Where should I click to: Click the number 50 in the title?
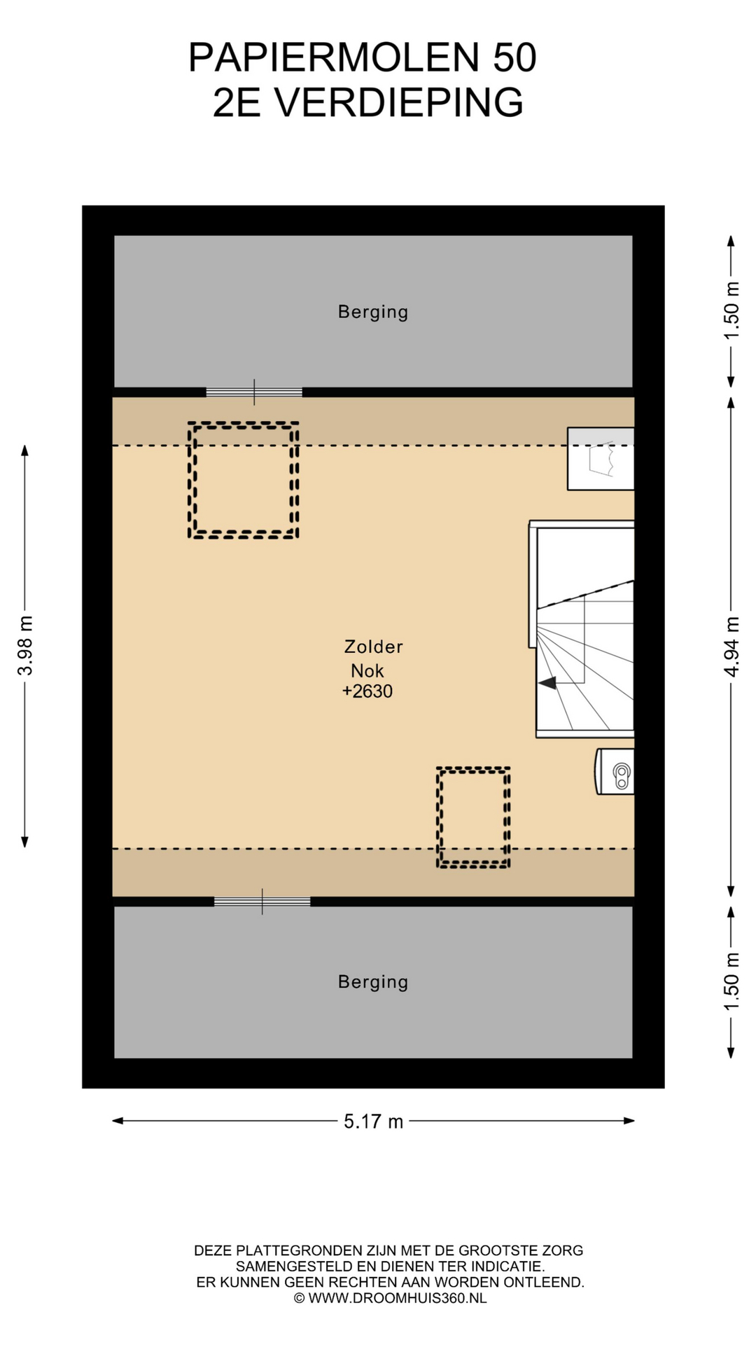pyautogui.click(x=514, y=57)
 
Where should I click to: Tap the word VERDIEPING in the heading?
pyautogui.click(x=398, y=103)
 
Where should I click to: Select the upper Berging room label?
pyautogui.click(x=373, y=312)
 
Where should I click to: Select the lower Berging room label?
pyautogui.click(x=373, y=982)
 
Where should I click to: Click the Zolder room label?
pyautogui.click(x=373, y=647)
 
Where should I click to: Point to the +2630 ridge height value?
pyautogui.click(x=367, y=691)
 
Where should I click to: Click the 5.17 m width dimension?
pyautogui.click(x=373, y=1122)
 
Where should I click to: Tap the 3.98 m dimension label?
pyautogui.click(x=25, y=646)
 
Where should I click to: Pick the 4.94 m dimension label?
pyautogui.click(x=731, y=647)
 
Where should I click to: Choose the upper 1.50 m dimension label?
pyautogui.click(x=731, y=310)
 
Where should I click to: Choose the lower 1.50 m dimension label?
pyautogui.click(x=731, y=982)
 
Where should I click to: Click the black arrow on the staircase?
pyautogui.click(x=547, y=682)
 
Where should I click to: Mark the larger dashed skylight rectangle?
pyautogui.click(x=244, y=481)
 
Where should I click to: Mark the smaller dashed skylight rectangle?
pyautogui.click(x=473, y=818)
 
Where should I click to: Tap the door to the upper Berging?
pyautogui.click(x=254, y=392)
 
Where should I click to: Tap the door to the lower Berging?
pyautogui.click(x=262, y=902)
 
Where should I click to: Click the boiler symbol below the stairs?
pyautogui.click(x=615, y=772)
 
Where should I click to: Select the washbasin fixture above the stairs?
pyautogui.click(x=601, y=459)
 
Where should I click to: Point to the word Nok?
pyautogui.click(x=367, y=670)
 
